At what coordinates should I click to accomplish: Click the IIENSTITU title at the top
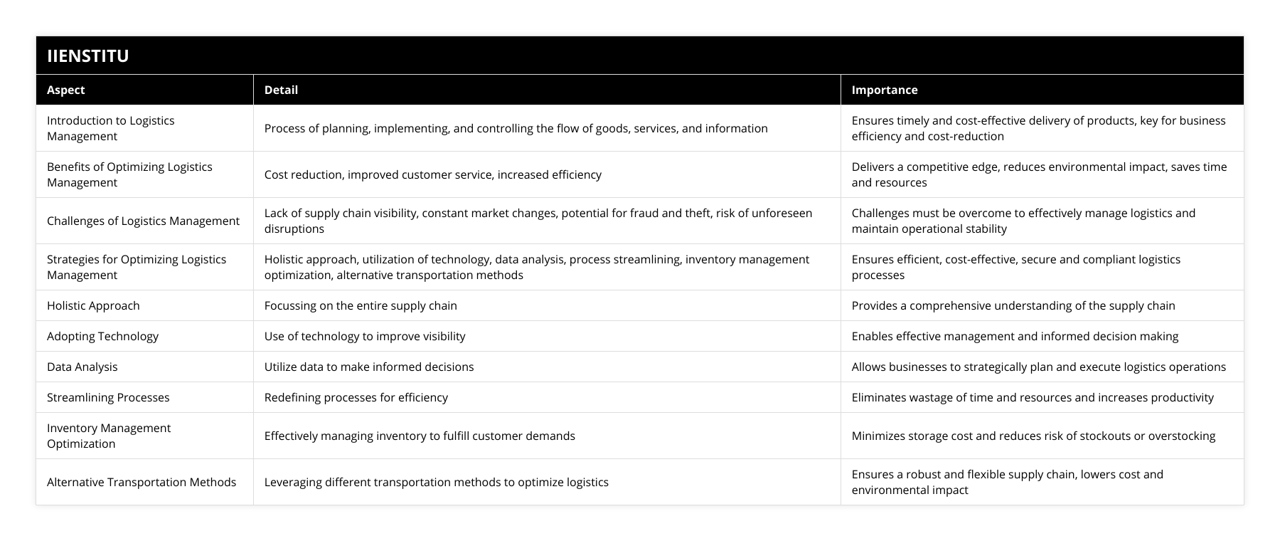pyautogui.click(x=88, y=56)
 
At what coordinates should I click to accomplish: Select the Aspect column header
pyautogui.click(x=65, y=90)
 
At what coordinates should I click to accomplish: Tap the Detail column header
pyautogui.click(x=281, y=90)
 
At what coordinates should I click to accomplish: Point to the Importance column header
pyautogui.click(x=884, y=90)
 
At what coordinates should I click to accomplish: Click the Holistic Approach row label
pyautogui.click(x=93, y=305)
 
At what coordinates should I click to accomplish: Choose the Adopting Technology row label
pyautogui.click(x=102, y=336)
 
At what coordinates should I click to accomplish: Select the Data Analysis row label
pyautogui.click(x=82, y=367)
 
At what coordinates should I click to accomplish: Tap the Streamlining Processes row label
pyautogui.click(x=108, y=397)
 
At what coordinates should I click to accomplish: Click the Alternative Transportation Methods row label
pyautogui.click(x=142, y=482)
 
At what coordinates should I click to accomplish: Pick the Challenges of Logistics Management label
pyautogui.click(x=143, y=221)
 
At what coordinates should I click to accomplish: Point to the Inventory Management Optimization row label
pyautogui.click(x=109, y=436)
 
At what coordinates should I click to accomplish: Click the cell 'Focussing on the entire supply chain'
pyautogui.click(x=361, y=305)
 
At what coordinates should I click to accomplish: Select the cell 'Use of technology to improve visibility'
pyautogui.click(x=365, y=336)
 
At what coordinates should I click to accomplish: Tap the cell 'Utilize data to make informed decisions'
pyautogui.click(x=369, y=367)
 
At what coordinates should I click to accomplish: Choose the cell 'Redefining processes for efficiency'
pyautogui.click(x=356, y=397)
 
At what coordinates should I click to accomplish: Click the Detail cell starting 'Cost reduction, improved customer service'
pyautogui.click(x=433, y=174)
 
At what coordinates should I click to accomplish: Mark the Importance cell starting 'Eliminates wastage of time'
pyautogui.click(x=1033, y=397)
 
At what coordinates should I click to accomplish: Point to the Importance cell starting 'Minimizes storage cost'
pyautogui.click(x=1033, y=436)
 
